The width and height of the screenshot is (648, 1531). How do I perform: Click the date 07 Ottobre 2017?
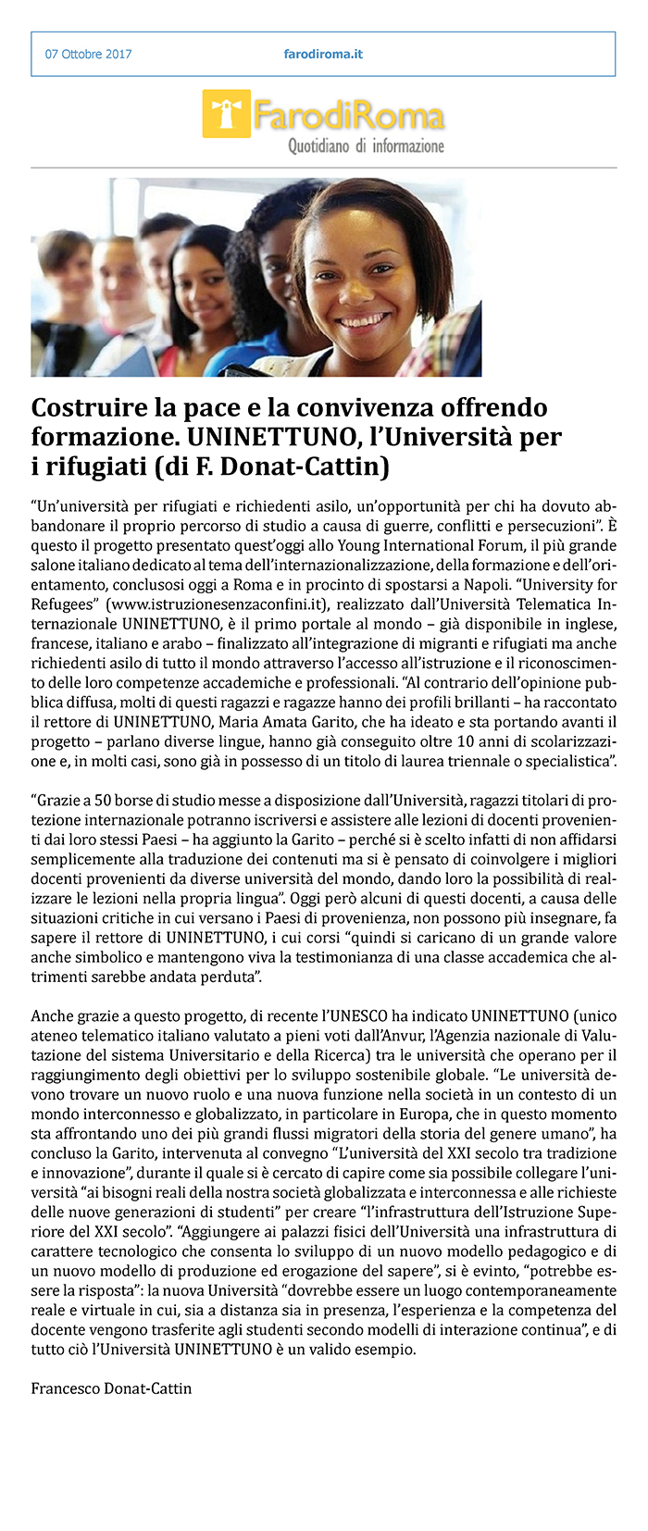pos(88,54)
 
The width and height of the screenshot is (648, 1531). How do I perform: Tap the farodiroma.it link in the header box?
pos(323,54)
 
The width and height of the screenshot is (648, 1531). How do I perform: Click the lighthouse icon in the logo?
pos(225,115)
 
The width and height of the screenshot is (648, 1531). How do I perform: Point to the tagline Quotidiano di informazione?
pos(366,146)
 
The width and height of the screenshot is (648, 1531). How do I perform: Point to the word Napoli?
pos(591,585)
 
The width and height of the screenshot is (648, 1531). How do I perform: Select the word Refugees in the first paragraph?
pos(62,604)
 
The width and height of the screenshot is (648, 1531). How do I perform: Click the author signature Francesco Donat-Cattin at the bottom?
pos(111,1388)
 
